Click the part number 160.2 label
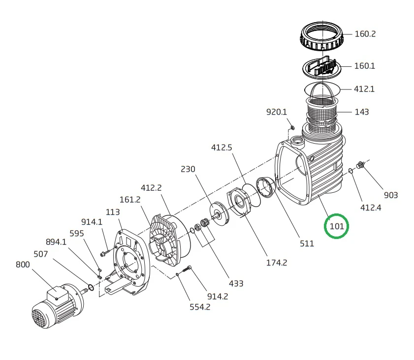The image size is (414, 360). (365, 34)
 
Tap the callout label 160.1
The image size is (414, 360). (365, 66)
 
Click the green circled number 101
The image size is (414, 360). (336, 227)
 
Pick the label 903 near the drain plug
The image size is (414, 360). (390, 195)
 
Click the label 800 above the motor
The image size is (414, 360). (23, 264)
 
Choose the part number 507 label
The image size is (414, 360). (40, 254)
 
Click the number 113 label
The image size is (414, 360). (113, 212)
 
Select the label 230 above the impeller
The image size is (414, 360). (188, 169)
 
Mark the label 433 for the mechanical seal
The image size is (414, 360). (236, 283)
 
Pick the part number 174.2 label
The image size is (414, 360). (276, 263)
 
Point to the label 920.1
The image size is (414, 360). (276, 112)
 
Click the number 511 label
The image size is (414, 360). (306, 243)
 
